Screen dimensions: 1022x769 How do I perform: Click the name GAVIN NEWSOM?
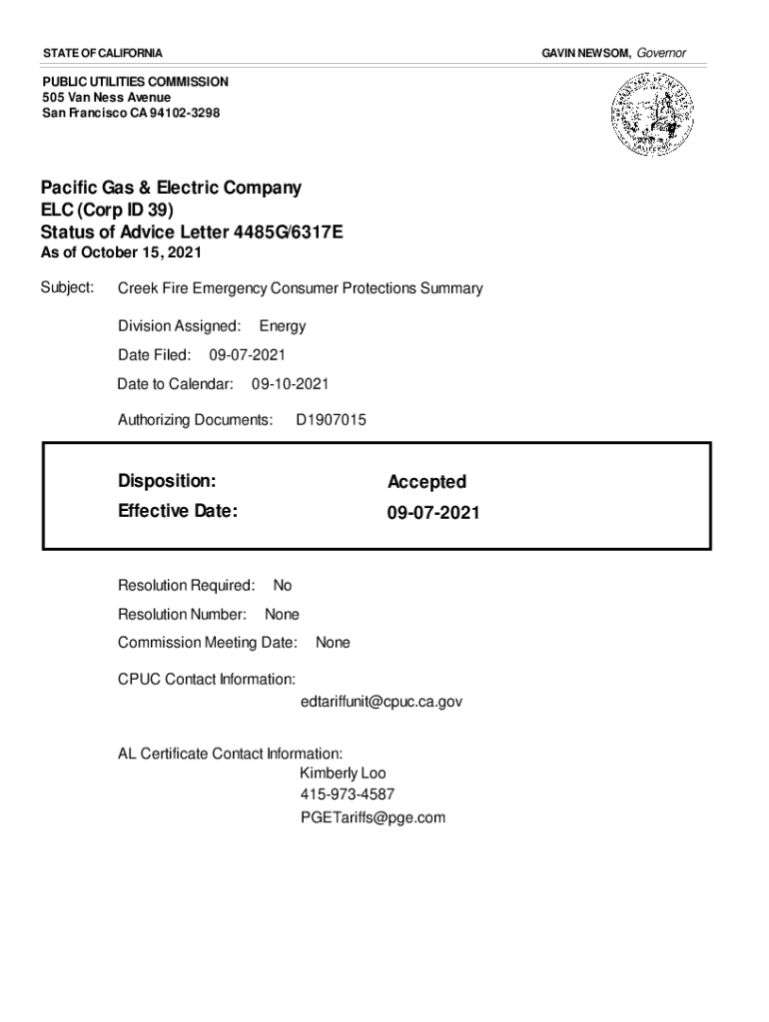click(x=585, y=52)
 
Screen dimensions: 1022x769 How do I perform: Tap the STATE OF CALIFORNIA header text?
click(x=103, y=52)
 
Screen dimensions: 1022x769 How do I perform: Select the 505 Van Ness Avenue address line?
click(x=106, y=97)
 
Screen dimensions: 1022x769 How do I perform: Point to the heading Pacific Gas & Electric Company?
click(x=171, y=188)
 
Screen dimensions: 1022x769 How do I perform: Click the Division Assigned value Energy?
click(x=283, y=326)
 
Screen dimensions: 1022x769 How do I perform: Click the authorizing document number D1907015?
click(x=332, y=420)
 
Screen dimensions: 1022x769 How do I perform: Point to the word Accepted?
click(x=426, y=482)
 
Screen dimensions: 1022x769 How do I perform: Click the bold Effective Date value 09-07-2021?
click(x=433, y=513)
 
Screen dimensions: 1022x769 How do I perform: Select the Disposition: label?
click(x=167, y=481)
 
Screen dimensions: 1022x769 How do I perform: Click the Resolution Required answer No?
click(x=283, y=586)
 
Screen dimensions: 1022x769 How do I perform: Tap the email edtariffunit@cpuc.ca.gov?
click(x=382, y=702)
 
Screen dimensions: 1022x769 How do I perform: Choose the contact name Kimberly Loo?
click(x=343, y=773)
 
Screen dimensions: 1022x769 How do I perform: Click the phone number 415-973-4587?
click(x=347, y=795)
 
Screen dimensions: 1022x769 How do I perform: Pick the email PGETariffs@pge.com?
click(x=373, y=817)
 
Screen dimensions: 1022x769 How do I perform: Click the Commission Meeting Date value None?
click(x=333, y=643)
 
